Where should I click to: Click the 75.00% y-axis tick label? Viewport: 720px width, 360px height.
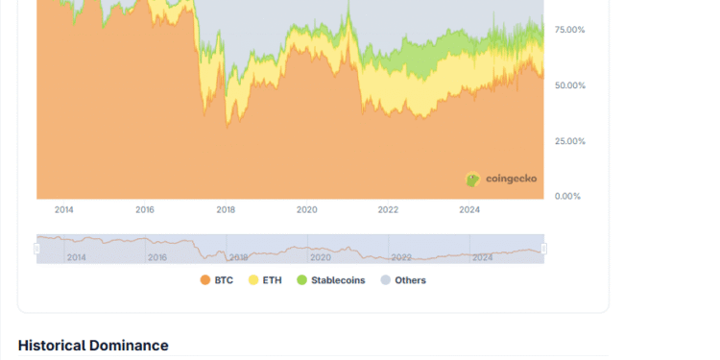569,30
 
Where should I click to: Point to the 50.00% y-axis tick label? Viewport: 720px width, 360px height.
569,85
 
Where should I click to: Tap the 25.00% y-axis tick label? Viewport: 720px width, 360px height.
569,141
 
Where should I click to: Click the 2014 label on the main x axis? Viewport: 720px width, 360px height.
63,209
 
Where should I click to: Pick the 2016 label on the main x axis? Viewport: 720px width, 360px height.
145,209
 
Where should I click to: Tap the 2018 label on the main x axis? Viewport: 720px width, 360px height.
226,209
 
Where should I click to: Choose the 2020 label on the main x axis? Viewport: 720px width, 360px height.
307,209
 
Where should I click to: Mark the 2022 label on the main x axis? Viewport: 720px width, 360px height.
388,209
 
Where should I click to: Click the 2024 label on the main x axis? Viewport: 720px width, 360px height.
469,209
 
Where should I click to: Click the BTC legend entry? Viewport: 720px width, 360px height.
219,280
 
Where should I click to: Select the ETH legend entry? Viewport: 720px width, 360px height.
267,280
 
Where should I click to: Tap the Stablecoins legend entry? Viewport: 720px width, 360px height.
330,280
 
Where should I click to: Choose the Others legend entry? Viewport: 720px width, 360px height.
403,280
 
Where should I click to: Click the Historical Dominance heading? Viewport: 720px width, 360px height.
93,346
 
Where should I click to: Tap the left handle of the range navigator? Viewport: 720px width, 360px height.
37,249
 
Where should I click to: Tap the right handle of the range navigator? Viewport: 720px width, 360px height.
544,249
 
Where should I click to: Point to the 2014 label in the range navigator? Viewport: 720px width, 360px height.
77,257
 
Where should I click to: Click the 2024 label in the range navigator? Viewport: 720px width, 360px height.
483,257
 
